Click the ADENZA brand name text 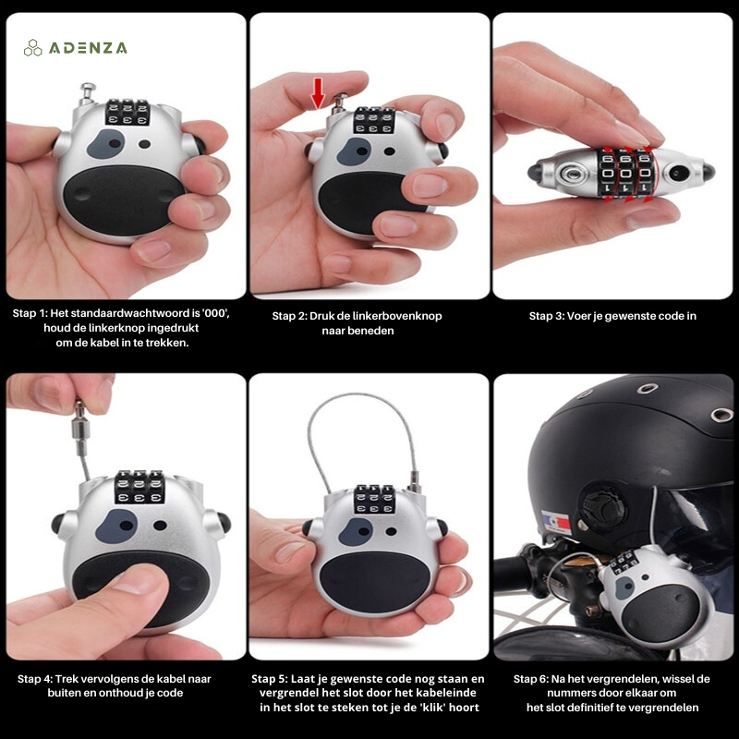point(88,48)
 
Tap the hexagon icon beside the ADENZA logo point(33,48)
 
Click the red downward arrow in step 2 point(318,92)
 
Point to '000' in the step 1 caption point(213,313)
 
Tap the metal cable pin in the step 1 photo point(87,94)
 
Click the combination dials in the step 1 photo point(127,112)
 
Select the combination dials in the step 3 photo point(625,172)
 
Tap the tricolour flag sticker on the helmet point(556,523)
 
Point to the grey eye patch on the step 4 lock point(116,526)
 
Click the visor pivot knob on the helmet point(602,506)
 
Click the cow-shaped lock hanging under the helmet point(653,595)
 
